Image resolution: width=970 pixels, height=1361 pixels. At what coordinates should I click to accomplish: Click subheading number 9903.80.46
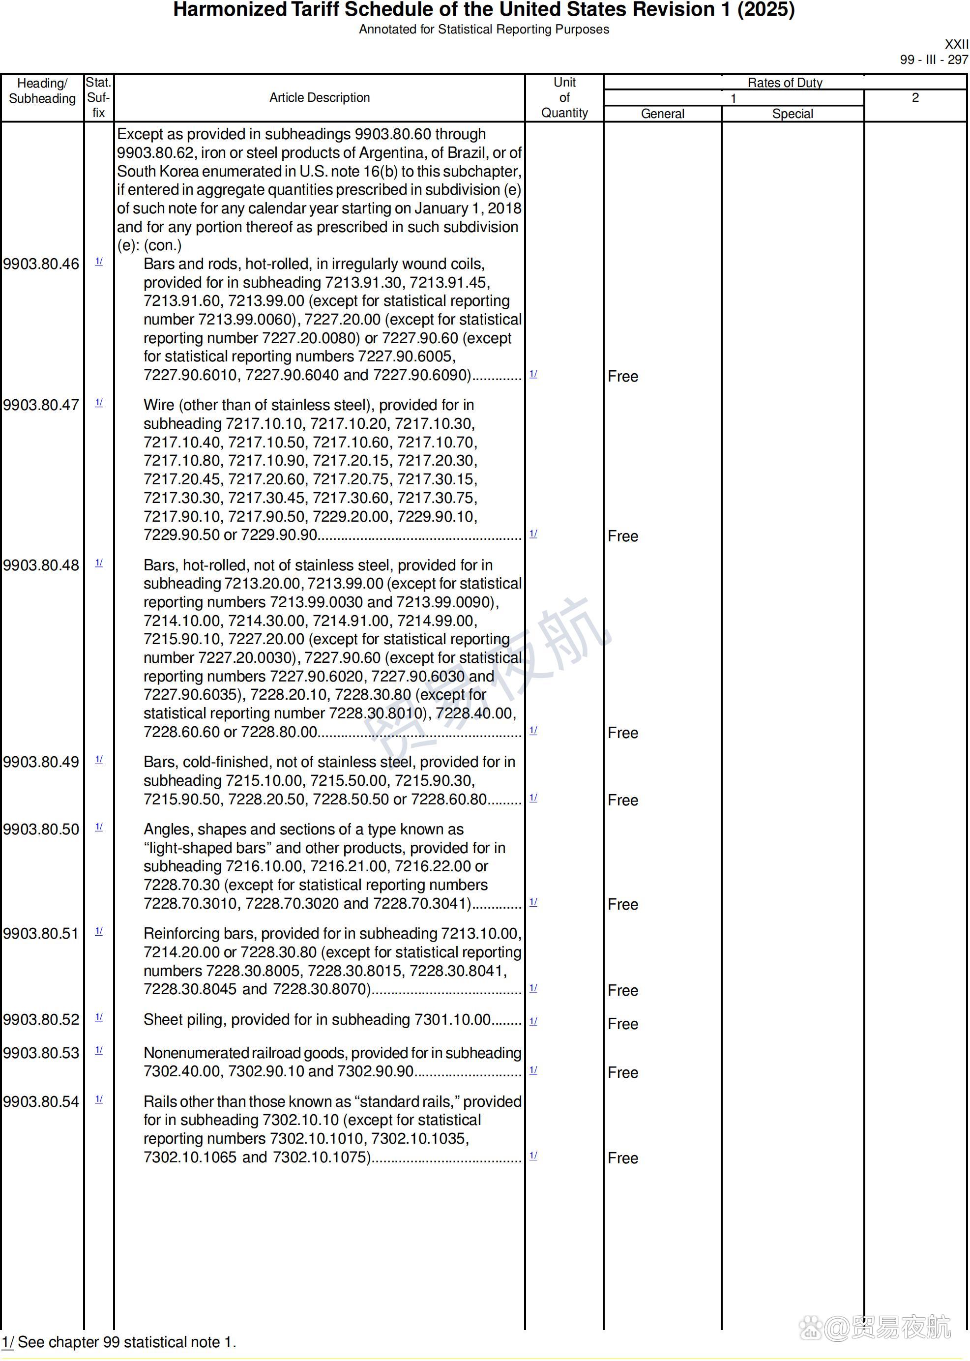pos(41,264)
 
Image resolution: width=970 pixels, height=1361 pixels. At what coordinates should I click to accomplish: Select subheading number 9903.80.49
pos(41,762)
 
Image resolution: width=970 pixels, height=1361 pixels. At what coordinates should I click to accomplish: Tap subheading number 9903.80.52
pos(41,1019)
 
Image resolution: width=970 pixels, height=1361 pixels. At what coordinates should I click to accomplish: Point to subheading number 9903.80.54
pos(41,1101)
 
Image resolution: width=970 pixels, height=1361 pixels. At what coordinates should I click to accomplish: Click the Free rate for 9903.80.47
pos(622,536)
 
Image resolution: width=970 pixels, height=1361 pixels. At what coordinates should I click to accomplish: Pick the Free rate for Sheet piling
pos(622,1024)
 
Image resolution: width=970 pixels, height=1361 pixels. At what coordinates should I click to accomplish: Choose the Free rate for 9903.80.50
pos(622,904)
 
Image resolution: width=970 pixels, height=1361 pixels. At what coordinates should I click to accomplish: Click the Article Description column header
pos(320,97)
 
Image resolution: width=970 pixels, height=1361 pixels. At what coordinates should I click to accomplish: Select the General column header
pos(662,114)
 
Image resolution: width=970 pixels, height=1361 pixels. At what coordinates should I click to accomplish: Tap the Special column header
pos(793,114)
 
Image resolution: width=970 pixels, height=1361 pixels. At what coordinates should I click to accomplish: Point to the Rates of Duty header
pos(785,83)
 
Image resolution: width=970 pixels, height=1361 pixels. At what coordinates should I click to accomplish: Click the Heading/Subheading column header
pos(42,91)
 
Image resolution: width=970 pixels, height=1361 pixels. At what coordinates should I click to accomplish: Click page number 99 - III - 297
pos(934,59)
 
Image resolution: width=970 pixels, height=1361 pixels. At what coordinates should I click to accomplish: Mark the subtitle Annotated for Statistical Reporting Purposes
pos(484,30)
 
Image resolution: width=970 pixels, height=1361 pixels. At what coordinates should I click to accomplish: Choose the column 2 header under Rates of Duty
pos(915,97)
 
